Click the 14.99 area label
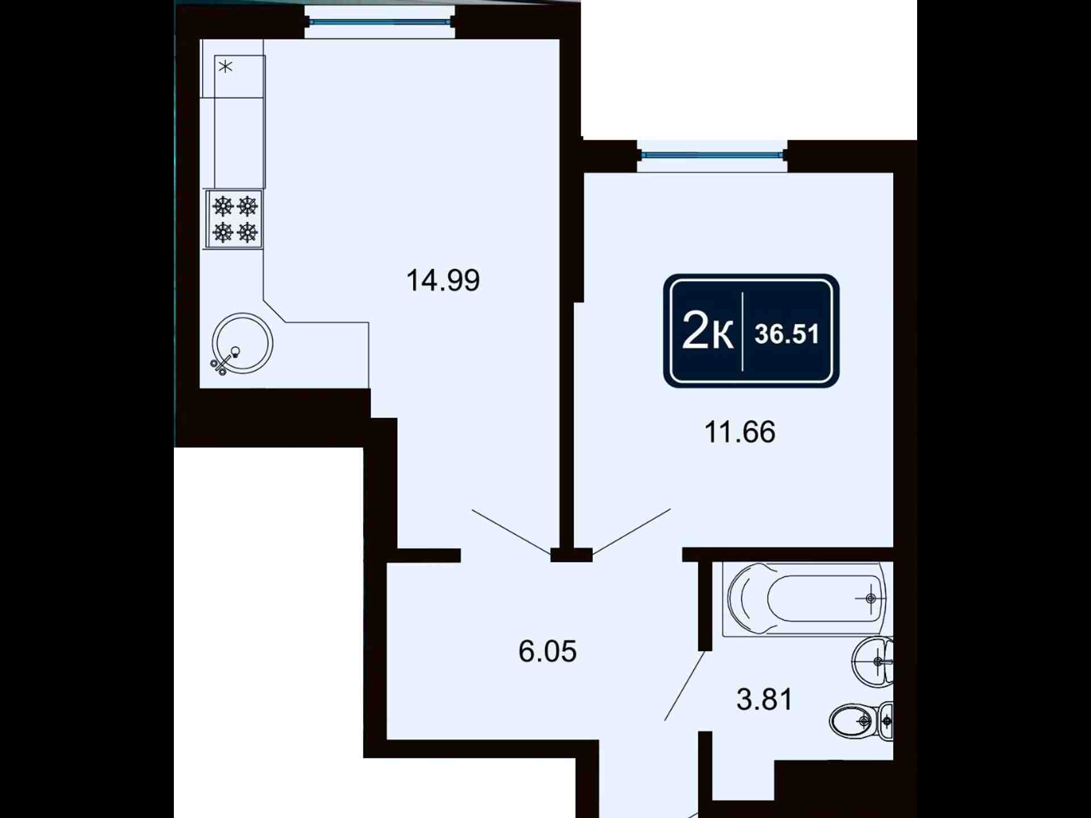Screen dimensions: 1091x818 tap(443, 280)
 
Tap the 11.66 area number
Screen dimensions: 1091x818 tap(740, 432)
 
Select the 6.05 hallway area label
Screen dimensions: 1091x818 tap(547, 651)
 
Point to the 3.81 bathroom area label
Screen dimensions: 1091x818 tap(764, 699)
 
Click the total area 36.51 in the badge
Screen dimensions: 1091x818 tap(787, 334)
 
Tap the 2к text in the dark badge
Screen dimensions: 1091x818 tap(707, 330)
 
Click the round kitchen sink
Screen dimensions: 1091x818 tap(243, 343)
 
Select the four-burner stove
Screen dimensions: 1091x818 tap(234, 219)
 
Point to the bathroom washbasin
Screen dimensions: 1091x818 tap(872, 662)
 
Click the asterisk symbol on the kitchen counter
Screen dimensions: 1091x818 tap(226, 66)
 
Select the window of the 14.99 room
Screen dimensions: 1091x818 tap(380, 22)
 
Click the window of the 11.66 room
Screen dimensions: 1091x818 tap(712, 155)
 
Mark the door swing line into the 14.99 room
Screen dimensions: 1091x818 tap(511, 532)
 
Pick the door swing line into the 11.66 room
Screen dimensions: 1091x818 tap(631, 531)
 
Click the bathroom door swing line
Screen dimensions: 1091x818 tap(685, 686)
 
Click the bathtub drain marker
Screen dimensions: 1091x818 tap(870, 598)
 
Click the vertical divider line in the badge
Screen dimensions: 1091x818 tap(743, 331)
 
